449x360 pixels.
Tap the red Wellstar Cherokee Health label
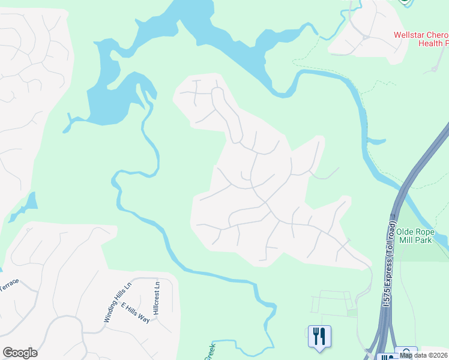pos(421,39)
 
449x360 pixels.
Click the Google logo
pos(20,353)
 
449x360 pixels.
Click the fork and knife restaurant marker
pos(319,336)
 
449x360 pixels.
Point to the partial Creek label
pos(208,353)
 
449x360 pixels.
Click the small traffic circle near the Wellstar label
pos(366,37)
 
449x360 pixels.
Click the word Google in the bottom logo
pos(20,353)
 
